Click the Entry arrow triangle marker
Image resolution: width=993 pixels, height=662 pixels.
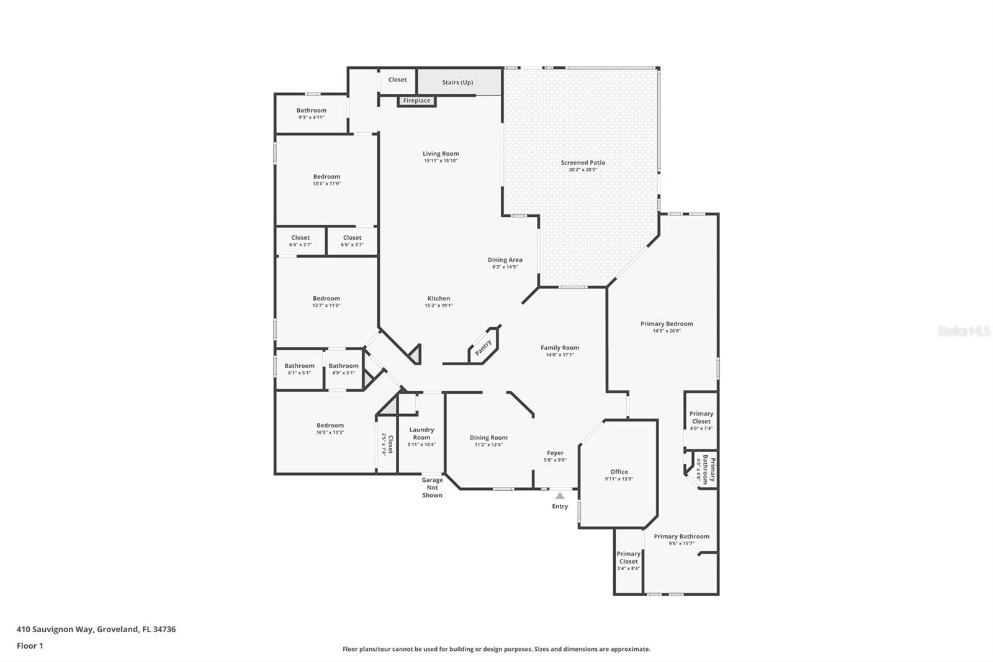[x=560, y=496]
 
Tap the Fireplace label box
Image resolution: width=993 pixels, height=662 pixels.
[x=416, y=101]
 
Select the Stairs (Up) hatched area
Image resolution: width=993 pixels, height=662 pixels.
[x=459, y=82]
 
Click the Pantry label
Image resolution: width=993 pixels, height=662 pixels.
[x=483, y=348]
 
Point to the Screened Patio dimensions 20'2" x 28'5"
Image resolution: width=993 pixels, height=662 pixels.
[x=583, y=170]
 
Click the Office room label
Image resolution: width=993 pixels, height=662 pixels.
[x=619, y=472]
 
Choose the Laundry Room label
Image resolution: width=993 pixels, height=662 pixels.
[x=421, y=433]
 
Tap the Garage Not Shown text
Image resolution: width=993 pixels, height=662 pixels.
[x=433, y=487]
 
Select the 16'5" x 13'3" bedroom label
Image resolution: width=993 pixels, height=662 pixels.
[x=330, y=429]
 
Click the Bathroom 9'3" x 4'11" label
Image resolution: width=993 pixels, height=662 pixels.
[x=311, y=114]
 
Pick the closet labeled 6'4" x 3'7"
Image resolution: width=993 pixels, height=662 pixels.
[x=300, y=241]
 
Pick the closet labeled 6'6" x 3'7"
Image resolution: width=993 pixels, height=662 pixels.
[x=352, y=241]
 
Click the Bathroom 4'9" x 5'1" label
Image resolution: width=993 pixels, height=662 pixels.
[x=343, y=369]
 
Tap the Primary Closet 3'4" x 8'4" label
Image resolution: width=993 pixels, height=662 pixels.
[x=628, y=561]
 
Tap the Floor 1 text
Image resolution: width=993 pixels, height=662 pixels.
[x=30, y=646]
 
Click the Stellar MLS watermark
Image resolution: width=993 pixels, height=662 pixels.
[x=963, y=331]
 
